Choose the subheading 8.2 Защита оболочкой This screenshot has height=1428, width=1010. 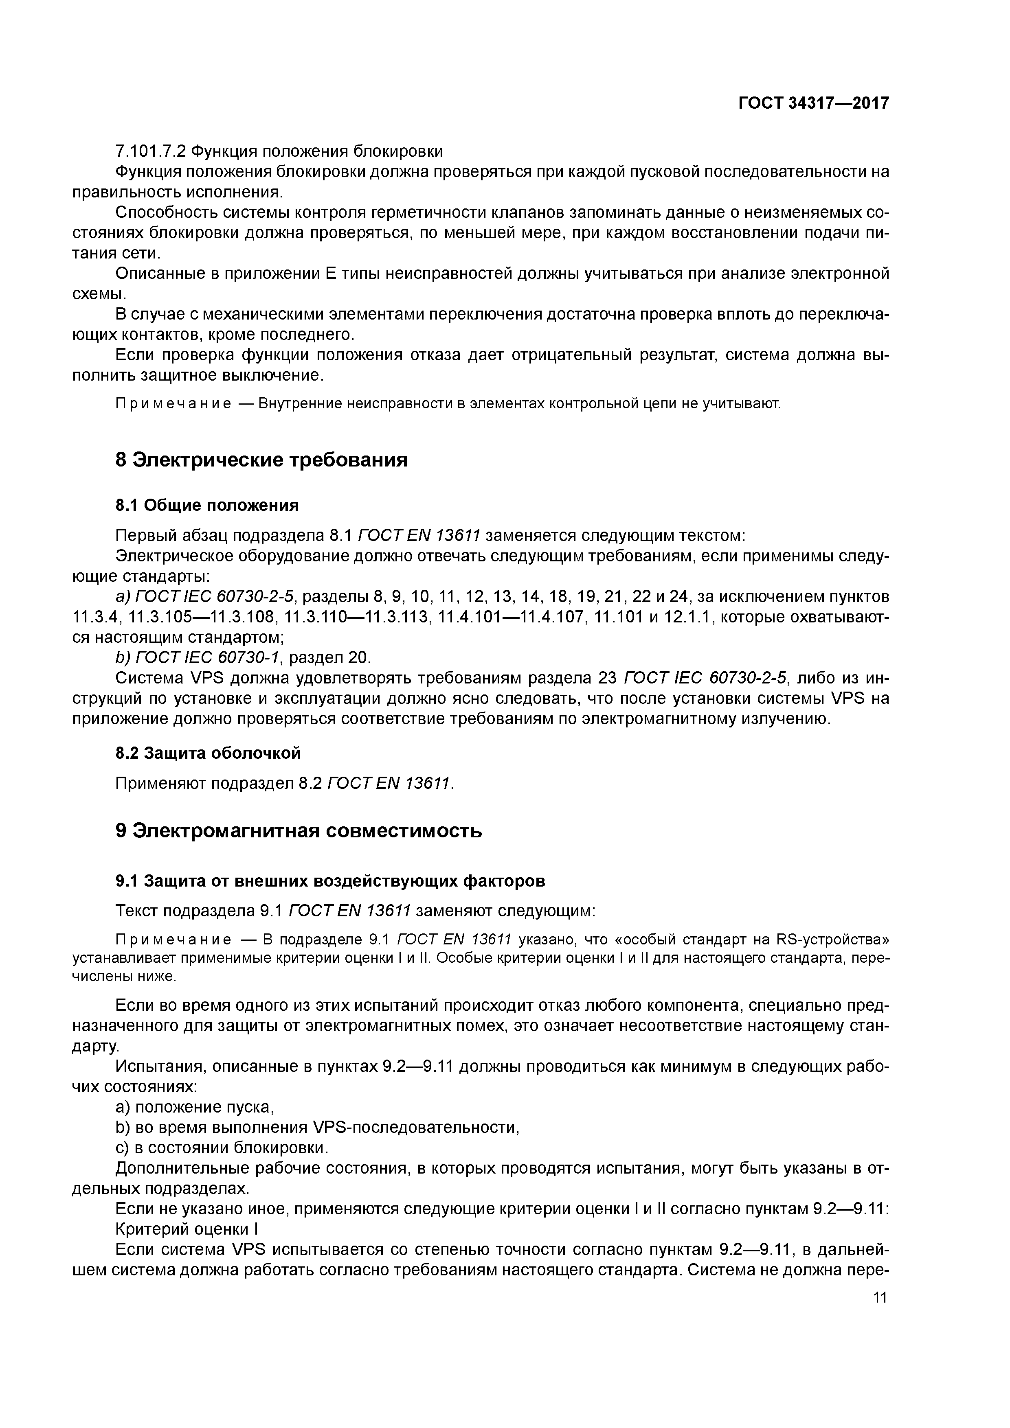click(x=208, y=753)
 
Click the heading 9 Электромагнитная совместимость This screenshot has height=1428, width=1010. click(x=298, y=831)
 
